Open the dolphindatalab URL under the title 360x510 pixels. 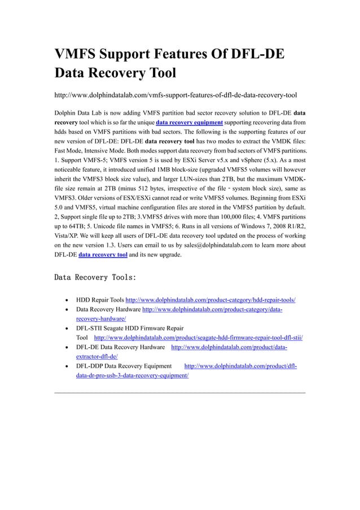[x=175, y=94]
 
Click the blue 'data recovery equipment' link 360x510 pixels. [x=189, y=122]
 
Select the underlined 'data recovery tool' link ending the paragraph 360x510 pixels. [x=102, y=255]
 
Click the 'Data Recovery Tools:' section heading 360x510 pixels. [x=95, y=278]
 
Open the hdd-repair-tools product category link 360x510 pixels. [x=210, y=299]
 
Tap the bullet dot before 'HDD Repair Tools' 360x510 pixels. [x=68, y=300]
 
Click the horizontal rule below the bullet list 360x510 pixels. [x=179, y=392]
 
